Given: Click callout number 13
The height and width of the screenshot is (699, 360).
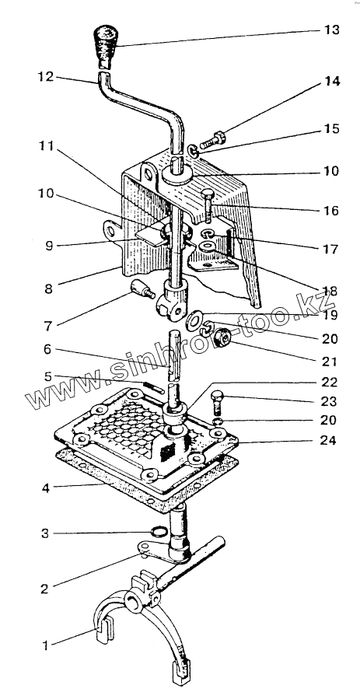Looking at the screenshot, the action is coord(331,30).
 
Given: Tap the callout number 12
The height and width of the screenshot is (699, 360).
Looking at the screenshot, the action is coord(45,77).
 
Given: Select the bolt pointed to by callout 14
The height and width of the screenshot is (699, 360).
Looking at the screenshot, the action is coord(212,140).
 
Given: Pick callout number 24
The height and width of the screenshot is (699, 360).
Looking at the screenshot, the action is coord(329,440).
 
